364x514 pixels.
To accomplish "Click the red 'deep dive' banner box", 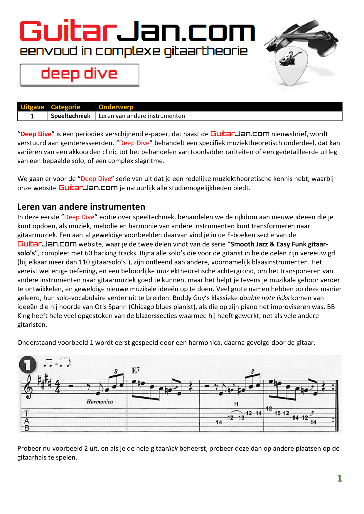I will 79,74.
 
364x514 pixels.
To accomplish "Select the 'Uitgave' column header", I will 32,107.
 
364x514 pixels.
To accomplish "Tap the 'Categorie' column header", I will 65,107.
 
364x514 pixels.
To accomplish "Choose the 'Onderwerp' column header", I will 116,107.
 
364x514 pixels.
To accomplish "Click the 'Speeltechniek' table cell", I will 70,116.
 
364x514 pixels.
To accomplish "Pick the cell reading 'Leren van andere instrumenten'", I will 142,116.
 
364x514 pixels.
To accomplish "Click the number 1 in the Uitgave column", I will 33,116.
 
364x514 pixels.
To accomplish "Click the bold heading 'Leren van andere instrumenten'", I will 81,207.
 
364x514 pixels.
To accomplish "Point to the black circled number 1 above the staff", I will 28,365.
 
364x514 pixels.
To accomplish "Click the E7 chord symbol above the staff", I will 136,371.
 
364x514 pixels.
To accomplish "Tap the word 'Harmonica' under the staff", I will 100,402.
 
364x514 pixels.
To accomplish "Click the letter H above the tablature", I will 236,404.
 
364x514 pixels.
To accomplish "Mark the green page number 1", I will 340,478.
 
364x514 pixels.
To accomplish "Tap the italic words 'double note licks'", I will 264,298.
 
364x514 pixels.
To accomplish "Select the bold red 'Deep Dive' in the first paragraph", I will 36,134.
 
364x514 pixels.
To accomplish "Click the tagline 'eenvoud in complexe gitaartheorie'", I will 134,51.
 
